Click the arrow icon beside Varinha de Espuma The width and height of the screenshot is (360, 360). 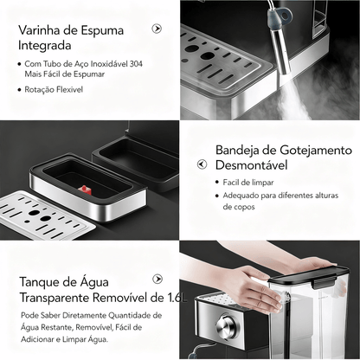coord(157,29)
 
